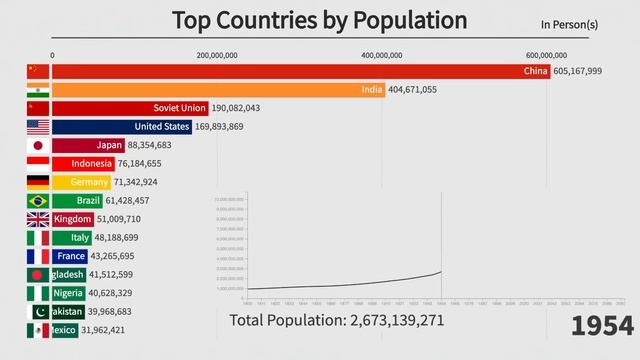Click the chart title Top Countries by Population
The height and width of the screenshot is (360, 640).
[x=319, y=20]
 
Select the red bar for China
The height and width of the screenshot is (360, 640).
[x=299, y=71]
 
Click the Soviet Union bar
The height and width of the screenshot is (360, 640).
[x=130, y=108]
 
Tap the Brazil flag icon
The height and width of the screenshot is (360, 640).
[x=37, y=201]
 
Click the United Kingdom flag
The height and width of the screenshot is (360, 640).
[x=37, y=219]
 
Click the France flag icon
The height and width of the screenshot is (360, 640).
[x=37, y=256]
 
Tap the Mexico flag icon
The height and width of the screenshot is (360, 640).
[x=37, y=330]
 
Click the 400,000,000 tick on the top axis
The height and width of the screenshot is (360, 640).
[x=382, y=55]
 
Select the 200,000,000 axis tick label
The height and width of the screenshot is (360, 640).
[x=217, y=55]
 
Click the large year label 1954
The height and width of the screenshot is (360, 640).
[x=603, y=325]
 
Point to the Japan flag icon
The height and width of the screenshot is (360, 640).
[x=37, y=145]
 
